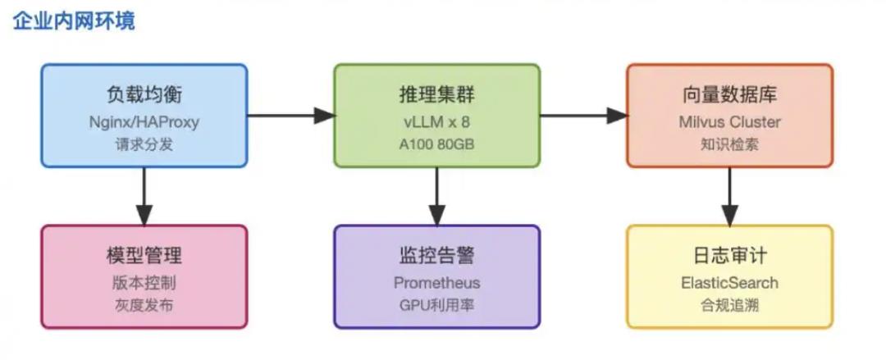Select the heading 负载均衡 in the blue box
[x=144, y=94]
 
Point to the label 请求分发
[x=144, y=144]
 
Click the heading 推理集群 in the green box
[x=436, y=94]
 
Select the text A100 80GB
[x=436, y=144]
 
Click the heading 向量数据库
[x=729, y=94]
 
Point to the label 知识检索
[x=729, y=144]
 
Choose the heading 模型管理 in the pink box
[x=144, y=256]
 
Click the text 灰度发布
[x=144, y=305]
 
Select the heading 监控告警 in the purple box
[x=436, y=256]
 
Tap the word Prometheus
[x=436, y=283]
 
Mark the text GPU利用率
[x=436, y=305]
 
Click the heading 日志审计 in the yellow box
[x=729, y=256]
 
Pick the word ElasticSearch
[x=729, y=283]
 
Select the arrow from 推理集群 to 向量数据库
[x=583, y=116]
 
